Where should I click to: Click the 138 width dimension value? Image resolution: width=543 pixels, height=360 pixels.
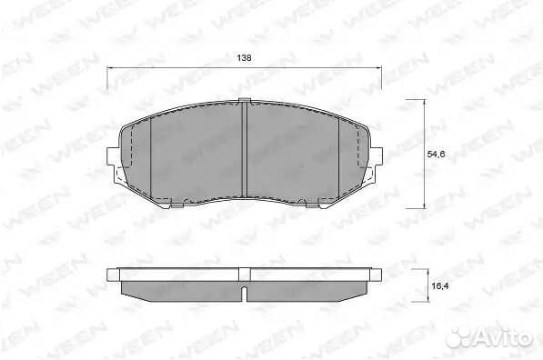coord(244,58)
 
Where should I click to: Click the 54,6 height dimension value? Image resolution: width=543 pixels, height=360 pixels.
coord(436,155)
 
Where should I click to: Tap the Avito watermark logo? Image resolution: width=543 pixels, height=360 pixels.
coord(489,336)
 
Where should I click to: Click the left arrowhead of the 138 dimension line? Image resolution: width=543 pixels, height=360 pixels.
coord(109,68)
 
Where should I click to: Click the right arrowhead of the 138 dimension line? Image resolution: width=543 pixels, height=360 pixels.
coord(379,68)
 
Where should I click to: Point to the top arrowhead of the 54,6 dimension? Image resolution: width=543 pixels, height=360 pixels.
coord(424,102)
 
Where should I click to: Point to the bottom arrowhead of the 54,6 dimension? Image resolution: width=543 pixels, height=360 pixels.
coord(424,205)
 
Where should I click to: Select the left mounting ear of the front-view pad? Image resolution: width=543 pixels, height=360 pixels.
coord(113,155)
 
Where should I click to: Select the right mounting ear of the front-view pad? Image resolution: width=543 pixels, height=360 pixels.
coord(377,155)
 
